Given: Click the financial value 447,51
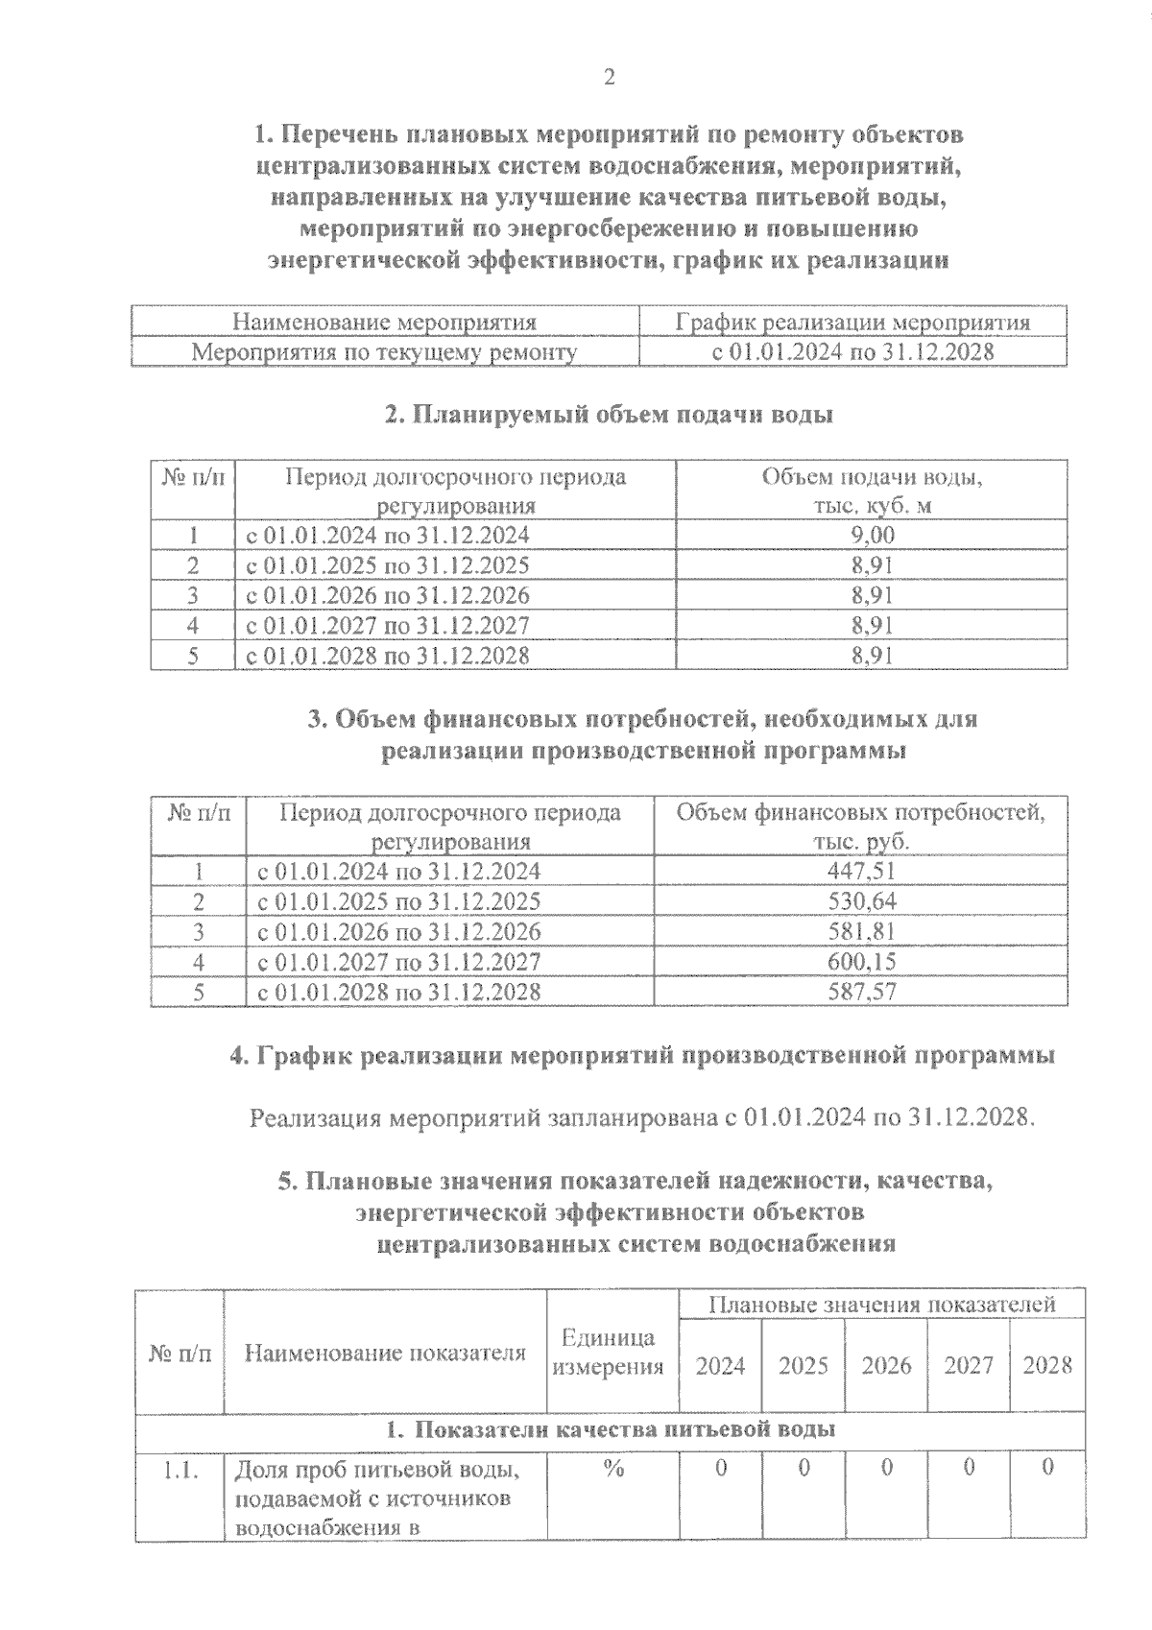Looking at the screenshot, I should pyautogui.click(x=861, y=871).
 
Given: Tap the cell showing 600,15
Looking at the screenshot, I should pyautogui.click(x=861, y=961).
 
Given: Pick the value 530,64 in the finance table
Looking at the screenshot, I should pyautogui.click(x=861, y=901).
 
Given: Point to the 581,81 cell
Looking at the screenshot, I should pyautogui.click(x=861, y=931).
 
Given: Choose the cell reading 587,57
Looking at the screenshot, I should pyautogui.click(x=861, y=991).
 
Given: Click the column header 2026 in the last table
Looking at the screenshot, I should pyautogui.click(x=886, y=1365).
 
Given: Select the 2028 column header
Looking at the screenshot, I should pyautogui.click(x=1047, y=1365).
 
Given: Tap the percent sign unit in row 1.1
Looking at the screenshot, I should pyautogui.click(x=613, y=1468).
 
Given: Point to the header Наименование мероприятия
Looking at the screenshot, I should pyautogui.click(x=385, y=323).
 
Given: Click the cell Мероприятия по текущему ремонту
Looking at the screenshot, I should pyautogui.click(x=385, y=352).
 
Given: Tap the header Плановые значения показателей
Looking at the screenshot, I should pyautogui.click(x=881, y=1305).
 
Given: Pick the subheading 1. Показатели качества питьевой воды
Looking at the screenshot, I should pyautogui.click(x=611, y=1429).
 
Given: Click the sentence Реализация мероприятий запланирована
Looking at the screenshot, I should pyautogui.click(x=642, y=1118).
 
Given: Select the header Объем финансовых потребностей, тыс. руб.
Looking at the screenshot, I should pyautogui.click(x=861, y=827).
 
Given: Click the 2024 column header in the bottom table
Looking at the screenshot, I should pyautogui.click(x=720, y=1365).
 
